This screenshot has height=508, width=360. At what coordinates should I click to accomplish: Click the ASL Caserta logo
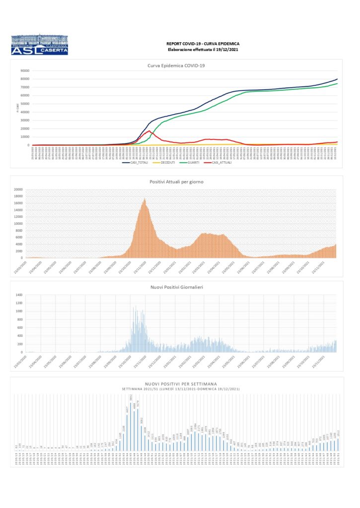(39, 45)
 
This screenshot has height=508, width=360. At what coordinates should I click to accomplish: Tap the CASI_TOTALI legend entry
(147, 162)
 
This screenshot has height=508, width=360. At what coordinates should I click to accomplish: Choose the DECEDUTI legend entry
(170, 162)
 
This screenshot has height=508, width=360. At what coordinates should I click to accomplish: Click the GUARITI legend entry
(193, 162)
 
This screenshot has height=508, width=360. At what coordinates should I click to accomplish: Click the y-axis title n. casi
(17, 107)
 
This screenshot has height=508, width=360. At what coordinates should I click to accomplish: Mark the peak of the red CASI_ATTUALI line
(149, 131)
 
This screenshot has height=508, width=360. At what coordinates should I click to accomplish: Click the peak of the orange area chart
(144, 198)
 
